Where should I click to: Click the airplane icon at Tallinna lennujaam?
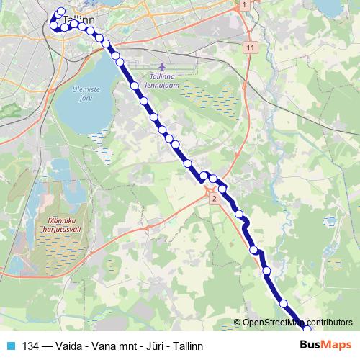coord(160,67)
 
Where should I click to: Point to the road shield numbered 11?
coord(250,47)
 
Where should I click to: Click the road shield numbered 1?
coord(245,5)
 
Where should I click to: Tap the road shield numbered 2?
coord(214,198)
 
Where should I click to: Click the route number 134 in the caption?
coord(30,346)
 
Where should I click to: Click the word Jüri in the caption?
coord(154,346)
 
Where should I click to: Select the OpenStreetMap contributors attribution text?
coord(297,323)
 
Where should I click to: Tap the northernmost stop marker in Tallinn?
coord(60,12)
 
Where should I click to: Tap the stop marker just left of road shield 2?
coord(204,176)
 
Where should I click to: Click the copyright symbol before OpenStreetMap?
coord(238,323)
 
